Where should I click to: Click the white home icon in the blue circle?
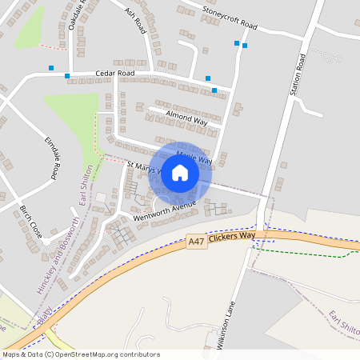[179, 173]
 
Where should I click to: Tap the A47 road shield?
[195, 240]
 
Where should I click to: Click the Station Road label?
[299, 75]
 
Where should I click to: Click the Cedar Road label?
[114, 73]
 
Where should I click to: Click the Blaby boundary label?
[42, 313]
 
